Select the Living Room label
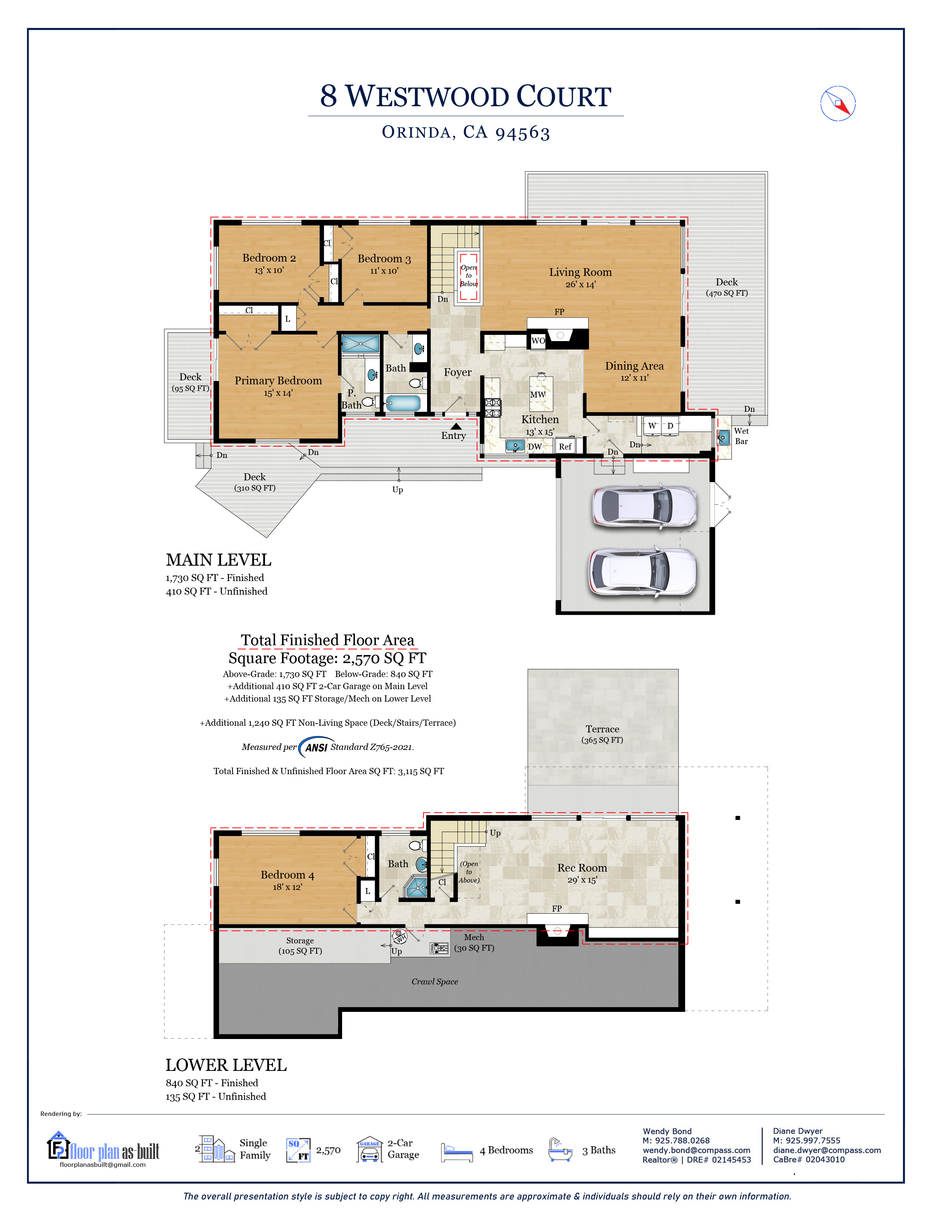[581, 272]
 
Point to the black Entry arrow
[456, 426]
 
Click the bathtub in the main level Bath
[403, 403]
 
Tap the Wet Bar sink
[723, 438]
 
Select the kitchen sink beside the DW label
[515, 445]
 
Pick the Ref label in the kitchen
[565, 447]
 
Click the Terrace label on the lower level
[602, 729]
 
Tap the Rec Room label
[582, 868]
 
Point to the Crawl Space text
[435, 981]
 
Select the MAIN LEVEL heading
[219, 560]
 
